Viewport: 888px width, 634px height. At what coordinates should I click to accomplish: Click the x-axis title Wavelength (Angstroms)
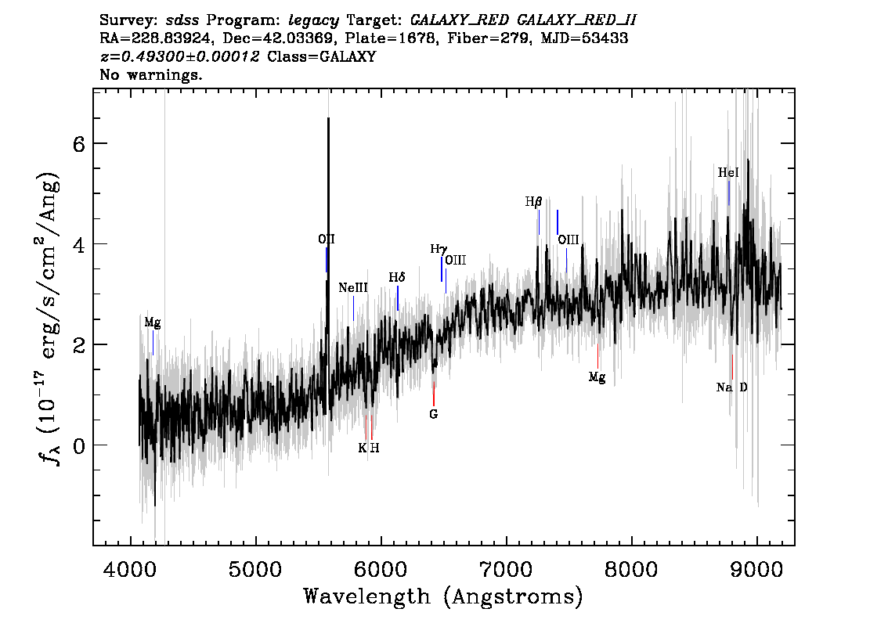point(443,596)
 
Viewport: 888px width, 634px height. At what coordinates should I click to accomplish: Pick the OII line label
point(327,240)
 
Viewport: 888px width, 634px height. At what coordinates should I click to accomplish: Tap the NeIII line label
point(353,288)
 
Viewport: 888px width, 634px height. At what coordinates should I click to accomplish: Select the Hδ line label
point(398,278)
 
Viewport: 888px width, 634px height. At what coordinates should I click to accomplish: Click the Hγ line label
point(439,249)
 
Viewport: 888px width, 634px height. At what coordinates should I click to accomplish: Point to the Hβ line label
point(533,202)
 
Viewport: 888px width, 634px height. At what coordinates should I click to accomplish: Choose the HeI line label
point(728,173)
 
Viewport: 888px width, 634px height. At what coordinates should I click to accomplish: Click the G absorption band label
point(433,414)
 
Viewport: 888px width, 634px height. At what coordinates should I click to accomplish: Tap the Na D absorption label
point(732,387)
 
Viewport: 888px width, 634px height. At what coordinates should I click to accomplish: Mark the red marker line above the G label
point(434,394)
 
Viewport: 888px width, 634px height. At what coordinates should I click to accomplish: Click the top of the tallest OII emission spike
point(328,119)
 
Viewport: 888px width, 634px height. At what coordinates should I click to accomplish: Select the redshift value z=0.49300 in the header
point(180,57)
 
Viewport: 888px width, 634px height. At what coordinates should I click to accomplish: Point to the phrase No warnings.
point(151,75)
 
